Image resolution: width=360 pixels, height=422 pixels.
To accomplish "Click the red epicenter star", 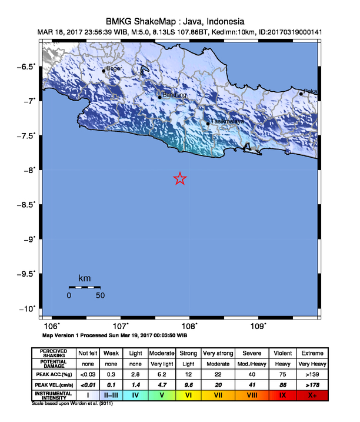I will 180,179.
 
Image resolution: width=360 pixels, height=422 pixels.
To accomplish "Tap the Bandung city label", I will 175,95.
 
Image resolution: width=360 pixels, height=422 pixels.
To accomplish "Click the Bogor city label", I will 114,68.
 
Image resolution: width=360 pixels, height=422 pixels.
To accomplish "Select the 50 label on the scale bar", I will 100,295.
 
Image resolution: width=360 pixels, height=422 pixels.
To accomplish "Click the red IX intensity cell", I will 282,395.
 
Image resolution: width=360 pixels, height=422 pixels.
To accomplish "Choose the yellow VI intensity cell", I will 188,395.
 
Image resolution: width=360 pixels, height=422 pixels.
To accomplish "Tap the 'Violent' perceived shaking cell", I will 282,353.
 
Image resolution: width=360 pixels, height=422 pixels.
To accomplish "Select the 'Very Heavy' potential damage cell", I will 312,363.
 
